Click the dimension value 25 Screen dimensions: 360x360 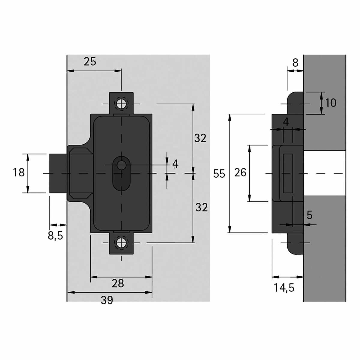click(90, 61)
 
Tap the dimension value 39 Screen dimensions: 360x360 click(107, 300)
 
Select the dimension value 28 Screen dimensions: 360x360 click(118, 283)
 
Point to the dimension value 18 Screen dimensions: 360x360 click(19, 172)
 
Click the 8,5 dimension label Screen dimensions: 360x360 click(55, 236)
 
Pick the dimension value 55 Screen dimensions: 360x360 click(219, 174)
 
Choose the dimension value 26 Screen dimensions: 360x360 click(240, 172)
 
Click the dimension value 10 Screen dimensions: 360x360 click(331, 103)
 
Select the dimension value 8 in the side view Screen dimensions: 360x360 click(295, 63)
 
